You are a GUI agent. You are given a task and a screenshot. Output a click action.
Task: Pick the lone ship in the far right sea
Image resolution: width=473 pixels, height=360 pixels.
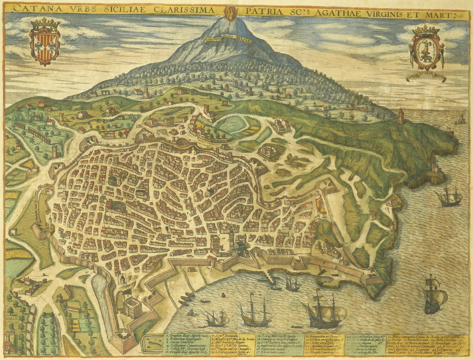click(434, 293)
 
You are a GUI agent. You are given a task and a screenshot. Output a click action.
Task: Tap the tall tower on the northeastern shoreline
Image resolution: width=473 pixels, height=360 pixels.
click(401, 116)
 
